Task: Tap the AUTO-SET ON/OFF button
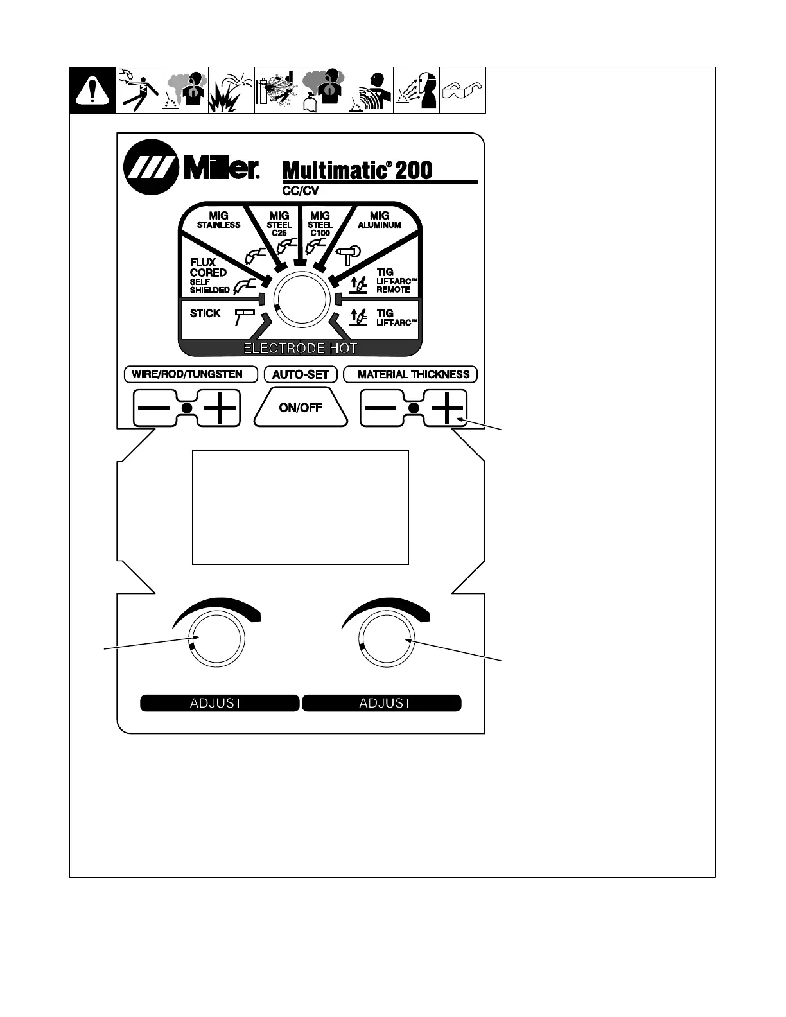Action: pyautogui.click(x=301, y=408)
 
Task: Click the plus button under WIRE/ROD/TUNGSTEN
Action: pyautogui.click(x=220, y=408)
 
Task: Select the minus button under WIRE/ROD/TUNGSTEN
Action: pyautogui.click(x=154, y=408)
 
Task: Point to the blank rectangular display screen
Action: pyautogui.click(x=301, y=507)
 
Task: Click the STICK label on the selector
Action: pyautogui.click(x=205, y=313)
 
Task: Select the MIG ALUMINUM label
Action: pyautogui.click(x=380, y=220)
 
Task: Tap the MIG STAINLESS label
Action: pyautogui.click(x=218, y=220)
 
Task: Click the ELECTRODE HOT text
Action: pyautogui.click(x=301, y=349)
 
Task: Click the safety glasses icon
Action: pyautogui.click(x=462, y=91)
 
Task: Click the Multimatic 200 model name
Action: pyautogui.click(x=358, y=171)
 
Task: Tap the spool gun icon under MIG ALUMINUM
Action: pyautogui.click(x=349, y=255)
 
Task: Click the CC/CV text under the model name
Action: pyautogui.click(x=301, y=191)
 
